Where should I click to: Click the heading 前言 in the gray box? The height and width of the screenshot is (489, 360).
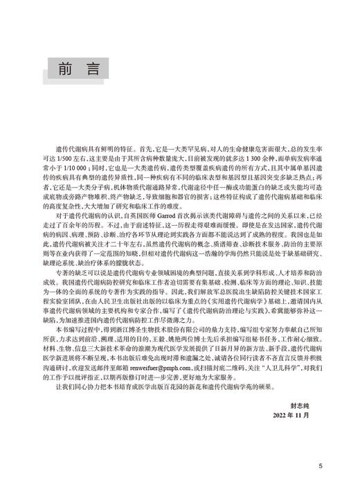point(77,69)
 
